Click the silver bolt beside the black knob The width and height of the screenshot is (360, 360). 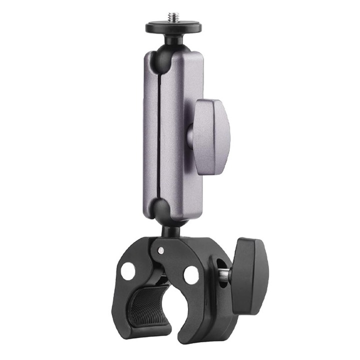click(x=225, y=274)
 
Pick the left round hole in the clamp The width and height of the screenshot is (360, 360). click(x=128, y=270)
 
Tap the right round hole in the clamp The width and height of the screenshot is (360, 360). click(x=191, y=274)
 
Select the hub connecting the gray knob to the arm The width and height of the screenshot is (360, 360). click(x=191, y=135)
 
